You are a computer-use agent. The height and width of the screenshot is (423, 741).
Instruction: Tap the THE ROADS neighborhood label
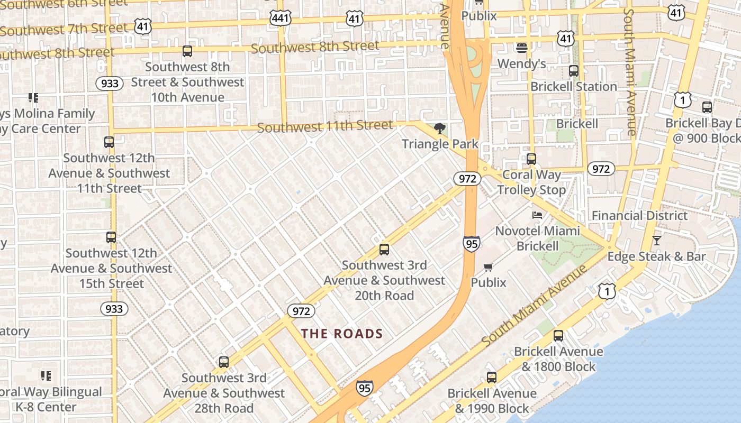pyautogui.click(x=342, y=334)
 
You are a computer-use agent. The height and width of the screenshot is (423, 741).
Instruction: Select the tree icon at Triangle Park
pyautogui.click(x=439, y=128)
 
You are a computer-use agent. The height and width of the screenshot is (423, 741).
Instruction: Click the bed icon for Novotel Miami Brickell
pyautogui.click(x=537, y=215)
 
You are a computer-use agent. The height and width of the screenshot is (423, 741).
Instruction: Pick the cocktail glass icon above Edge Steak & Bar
pyautogui.click(x=657, y=241)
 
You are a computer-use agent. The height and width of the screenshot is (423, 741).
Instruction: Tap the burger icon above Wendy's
pyautogui.click(x=521, y=48)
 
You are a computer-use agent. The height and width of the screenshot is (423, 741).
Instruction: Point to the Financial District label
pyautogui.click(x=639, y=215)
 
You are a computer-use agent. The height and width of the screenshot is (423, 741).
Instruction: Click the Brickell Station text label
pyautogui.click(x=574, y=86)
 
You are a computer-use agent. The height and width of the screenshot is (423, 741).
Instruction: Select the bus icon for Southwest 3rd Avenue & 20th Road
pyautogui.click(x=384, y=250)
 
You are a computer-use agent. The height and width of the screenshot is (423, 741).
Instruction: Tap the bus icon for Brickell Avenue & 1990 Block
pyautogui.click(x=492, y=378)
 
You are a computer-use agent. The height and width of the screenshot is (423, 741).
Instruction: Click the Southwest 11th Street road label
pyautogui.click(x=325, y=127)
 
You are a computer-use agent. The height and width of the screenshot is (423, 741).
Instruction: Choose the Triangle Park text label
pyautogui.click(x=440, y=144)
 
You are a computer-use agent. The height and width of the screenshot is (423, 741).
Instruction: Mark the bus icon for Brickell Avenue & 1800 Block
pyautogui.click(x=558, y=335)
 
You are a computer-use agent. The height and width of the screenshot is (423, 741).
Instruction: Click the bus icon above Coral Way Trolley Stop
pyautogui.click(x=531, y=159)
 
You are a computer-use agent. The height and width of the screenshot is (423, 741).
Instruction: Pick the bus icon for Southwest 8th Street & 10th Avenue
pyautogui.click(x=187, y=51)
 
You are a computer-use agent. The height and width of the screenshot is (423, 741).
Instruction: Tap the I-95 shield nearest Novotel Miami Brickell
pyautogui.click(x=471, y=243)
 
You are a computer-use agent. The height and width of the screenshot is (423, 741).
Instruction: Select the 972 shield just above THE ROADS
pyautogui.click(x=301, y=310)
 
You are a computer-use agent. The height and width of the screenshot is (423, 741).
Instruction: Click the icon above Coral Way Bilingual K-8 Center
pyautogui.click(x=46, y=376)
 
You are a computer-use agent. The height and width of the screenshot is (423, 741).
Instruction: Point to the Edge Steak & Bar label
pyautogui.click(x=656, y=256)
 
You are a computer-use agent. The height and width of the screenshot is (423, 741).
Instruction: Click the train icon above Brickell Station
pyautogui.click(x=574, y=71)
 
